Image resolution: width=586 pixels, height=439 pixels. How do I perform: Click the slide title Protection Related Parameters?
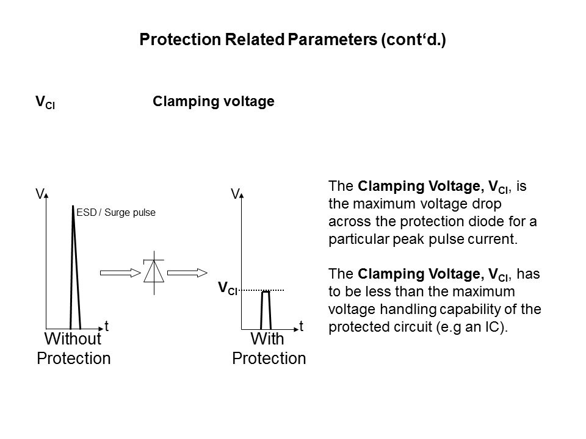coord(293,40)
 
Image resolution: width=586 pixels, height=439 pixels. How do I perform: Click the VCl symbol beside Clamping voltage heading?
coord(45,102)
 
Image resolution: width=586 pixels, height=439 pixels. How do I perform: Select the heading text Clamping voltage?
coord(213,102)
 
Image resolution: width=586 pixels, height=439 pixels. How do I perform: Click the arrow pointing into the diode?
coord(120,273)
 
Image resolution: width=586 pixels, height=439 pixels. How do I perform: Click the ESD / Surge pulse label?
coord(117,213)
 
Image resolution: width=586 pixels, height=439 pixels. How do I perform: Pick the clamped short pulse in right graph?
coord(266,311)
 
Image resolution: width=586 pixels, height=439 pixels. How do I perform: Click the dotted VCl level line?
coord(262,290)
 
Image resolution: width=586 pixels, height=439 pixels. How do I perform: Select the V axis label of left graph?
coord(38,194)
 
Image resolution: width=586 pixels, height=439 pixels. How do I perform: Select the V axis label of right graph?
coord(234,194)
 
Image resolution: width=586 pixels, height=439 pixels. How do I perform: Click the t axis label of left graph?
coord(106,327)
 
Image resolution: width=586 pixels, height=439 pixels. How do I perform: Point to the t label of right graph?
coord(302,327)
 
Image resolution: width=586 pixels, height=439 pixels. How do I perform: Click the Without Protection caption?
coord(74,348)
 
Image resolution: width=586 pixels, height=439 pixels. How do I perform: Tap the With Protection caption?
coord(269,348)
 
